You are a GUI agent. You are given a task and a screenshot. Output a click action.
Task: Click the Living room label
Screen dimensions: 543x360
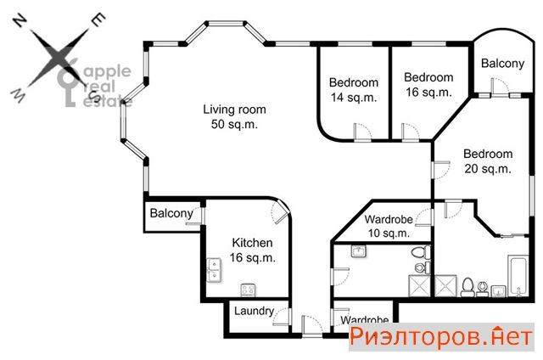pos(234,117)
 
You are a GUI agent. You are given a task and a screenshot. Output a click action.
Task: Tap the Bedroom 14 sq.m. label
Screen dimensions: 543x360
pos(354,90)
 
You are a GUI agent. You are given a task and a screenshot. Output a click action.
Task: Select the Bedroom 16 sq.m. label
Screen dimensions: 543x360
pos(428,85)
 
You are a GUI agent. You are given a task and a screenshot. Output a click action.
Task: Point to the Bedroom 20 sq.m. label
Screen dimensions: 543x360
pos(488,161)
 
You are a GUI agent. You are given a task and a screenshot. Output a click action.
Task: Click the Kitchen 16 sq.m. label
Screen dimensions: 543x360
pos(253,250)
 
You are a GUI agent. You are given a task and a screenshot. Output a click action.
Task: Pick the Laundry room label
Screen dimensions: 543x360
pos(255,311)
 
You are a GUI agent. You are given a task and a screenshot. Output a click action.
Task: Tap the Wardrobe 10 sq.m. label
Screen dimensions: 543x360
pos(389,226)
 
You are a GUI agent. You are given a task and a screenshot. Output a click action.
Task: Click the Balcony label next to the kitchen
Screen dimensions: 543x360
pos(171,213)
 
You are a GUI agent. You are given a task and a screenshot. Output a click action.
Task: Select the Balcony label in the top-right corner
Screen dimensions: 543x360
pos(503,64)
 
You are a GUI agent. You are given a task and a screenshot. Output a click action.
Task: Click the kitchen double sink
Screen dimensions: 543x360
pos(215,271)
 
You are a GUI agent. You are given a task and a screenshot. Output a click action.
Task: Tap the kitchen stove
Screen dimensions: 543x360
pos(249,290)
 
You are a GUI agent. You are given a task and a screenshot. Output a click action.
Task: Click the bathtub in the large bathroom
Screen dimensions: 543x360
pos(518,276)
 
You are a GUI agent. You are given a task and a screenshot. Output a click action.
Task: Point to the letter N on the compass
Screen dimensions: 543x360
pos(20,20)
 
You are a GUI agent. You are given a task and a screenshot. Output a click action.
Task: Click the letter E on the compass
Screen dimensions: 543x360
pos(98,20)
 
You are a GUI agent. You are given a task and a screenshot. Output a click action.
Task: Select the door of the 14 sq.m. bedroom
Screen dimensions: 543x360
pos(362,132)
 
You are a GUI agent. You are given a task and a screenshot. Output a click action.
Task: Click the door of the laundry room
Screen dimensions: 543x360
pos(282,316)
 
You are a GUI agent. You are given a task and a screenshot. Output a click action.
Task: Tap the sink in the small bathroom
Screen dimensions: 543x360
pos(359,251)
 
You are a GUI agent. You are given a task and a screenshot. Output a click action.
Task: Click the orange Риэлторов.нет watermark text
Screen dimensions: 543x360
pos(441,337)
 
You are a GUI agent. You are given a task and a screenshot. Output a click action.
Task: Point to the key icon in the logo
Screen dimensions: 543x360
pos(68,83)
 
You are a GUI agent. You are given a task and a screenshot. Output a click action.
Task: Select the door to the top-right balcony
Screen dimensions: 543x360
pos(500,87)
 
